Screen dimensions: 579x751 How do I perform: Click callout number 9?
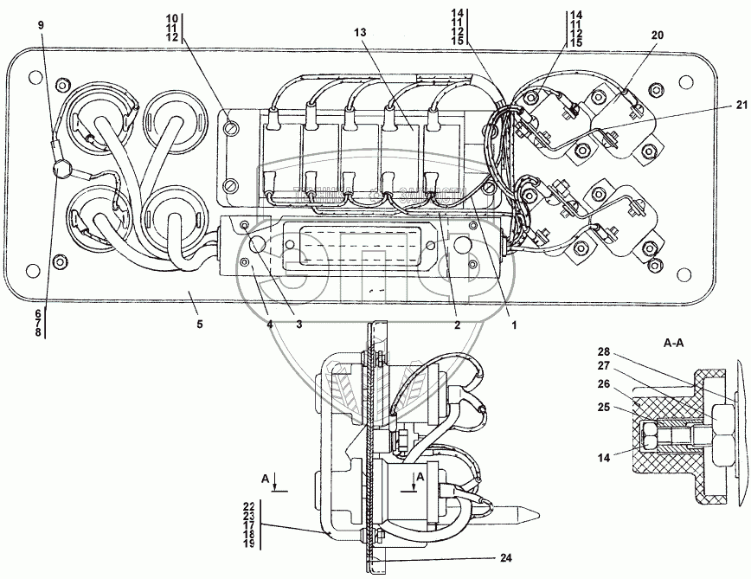[x=41, y=25]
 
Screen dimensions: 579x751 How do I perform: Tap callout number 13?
[x=359, y=31]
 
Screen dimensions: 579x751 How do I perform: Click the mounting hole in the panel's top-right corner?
[x=685, y=83]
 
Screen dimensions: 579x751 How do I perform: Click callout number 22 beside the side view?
[x=249, y=505]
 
